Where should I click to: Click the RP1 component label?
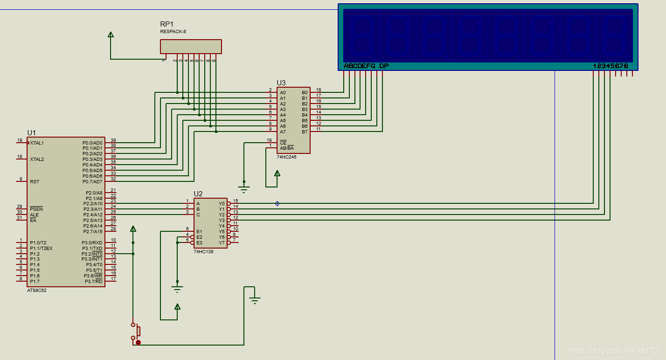166,24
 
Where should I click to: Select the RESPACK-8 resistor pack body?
191,47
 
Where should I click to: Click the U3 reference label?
281,83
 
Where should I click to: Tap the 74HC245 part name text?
286,157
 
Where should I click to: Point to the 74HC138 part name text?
203,251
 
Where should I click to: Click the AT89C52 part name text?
37,291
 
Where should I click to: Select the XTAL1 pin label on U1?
37,143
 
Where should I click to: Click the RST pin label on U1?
35,182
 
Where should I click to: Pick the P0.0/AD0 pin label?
92,143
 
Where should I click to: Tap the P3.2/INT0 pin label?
92,254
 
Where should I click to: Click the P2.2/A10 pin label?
93,204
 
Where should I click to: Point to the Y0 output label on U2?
222,204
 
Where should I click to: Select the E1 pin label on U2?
199,232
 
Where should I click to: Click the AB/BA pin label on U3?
287,148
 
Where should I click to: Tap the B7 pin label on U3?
305,132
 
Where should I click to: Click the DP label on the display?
384,66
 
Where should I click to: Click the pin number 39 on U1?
113,140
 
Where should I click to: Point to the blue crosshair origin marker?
277,204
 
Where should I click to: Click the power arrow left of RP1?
111,35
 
